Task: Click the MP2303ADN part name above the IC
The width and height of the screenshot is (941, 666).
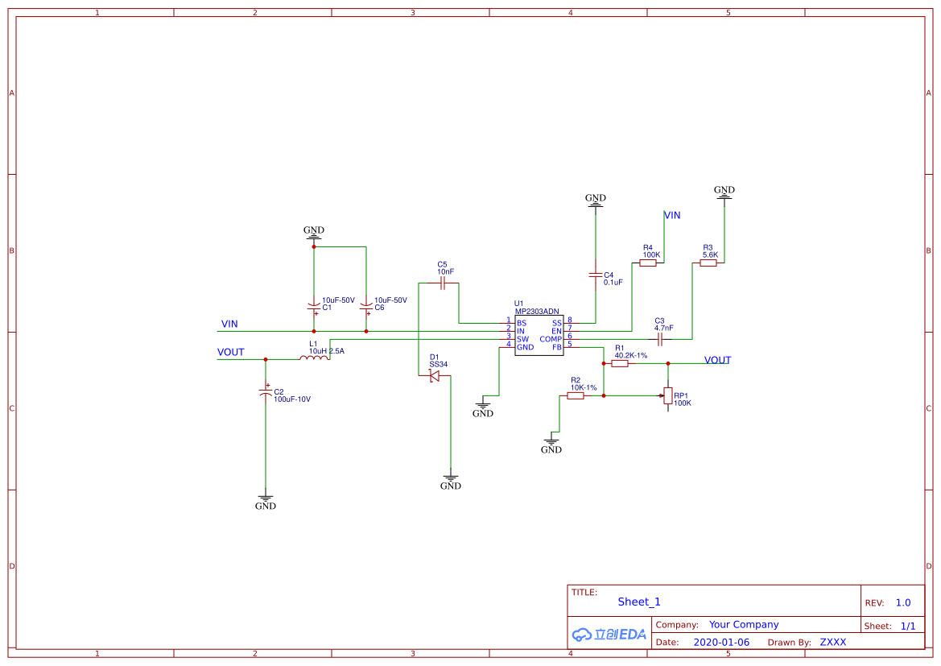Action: point(537,312)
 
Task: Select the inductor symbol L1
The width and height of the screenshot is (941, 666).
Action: point(314,358)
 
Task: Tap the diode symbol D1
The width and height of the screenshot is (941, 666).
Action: point(434,376)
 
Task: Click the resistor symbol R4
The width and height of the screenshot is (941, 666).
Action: point(647,263)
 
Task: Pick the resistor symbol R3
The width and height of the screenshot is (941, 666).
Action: point(708,263)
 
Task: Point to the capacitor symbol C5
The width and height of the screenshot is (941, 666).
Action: point(442,283)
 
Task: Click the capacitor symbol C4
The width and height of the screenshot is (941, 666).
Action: point(596,275)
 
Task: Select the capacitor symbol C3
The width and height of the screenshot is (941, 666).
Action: point(659,339)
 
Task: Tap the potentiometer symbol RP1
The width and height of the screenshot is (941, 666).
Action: point(667,396)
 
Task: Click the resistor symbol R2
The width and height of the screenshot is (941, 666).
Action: point(575,395)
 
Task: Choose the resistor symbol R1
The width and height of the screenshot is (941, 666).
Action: point(619,363)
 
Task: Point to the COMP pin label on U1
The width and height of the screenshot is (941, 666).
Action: point(551,339)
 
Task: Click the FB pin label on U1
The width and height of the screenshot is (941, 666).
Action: point(557,347)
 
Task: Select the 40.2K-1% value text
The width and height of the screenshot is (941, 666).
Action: point(631,355)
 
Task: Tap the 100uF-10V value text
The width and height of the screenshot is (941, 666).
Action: point(292,399)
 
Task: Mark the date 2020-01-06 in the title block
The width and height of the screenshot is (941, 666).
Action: point(721,642)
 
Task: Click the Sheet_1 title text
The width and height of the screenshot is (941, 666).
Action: point(639,602)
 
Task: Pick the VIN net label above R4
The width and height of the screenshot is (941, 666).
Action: point(672,215)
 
